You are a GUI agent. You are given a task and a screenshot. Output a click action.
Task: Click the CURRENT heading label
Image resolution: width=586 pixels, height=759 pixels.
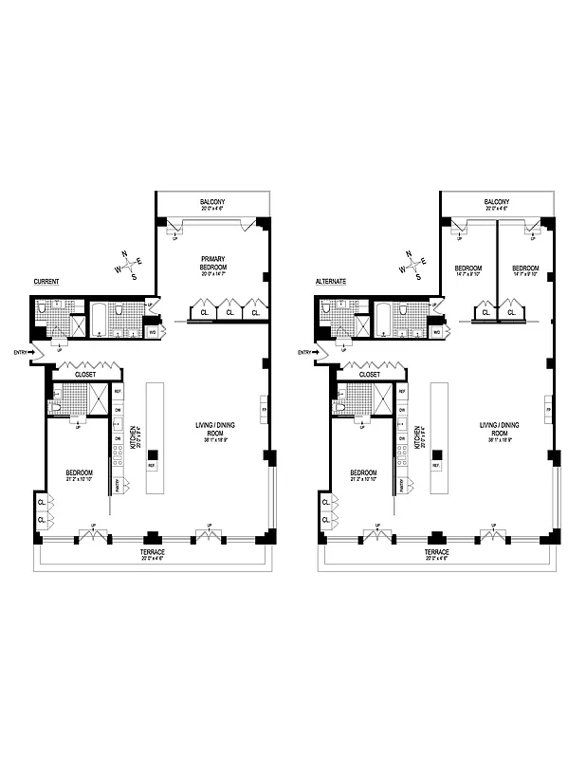click(46, 282)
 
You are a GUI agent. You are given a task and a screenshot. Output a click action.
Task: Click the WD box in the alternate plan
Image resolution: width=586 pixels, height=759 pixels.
click(436, 332)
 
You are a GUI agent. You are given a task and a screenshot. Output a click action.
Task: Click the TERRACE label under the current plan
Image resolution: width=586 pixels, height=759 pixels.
click(153, 552)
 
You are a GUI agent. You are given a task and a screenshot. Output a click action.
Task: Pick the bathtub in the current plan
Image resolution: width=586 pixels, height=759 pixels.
click(100, 321)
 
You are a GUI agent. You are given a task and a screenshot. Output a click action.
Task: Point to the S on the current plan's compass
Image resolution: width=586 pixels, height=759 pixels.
click(136, 276)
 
